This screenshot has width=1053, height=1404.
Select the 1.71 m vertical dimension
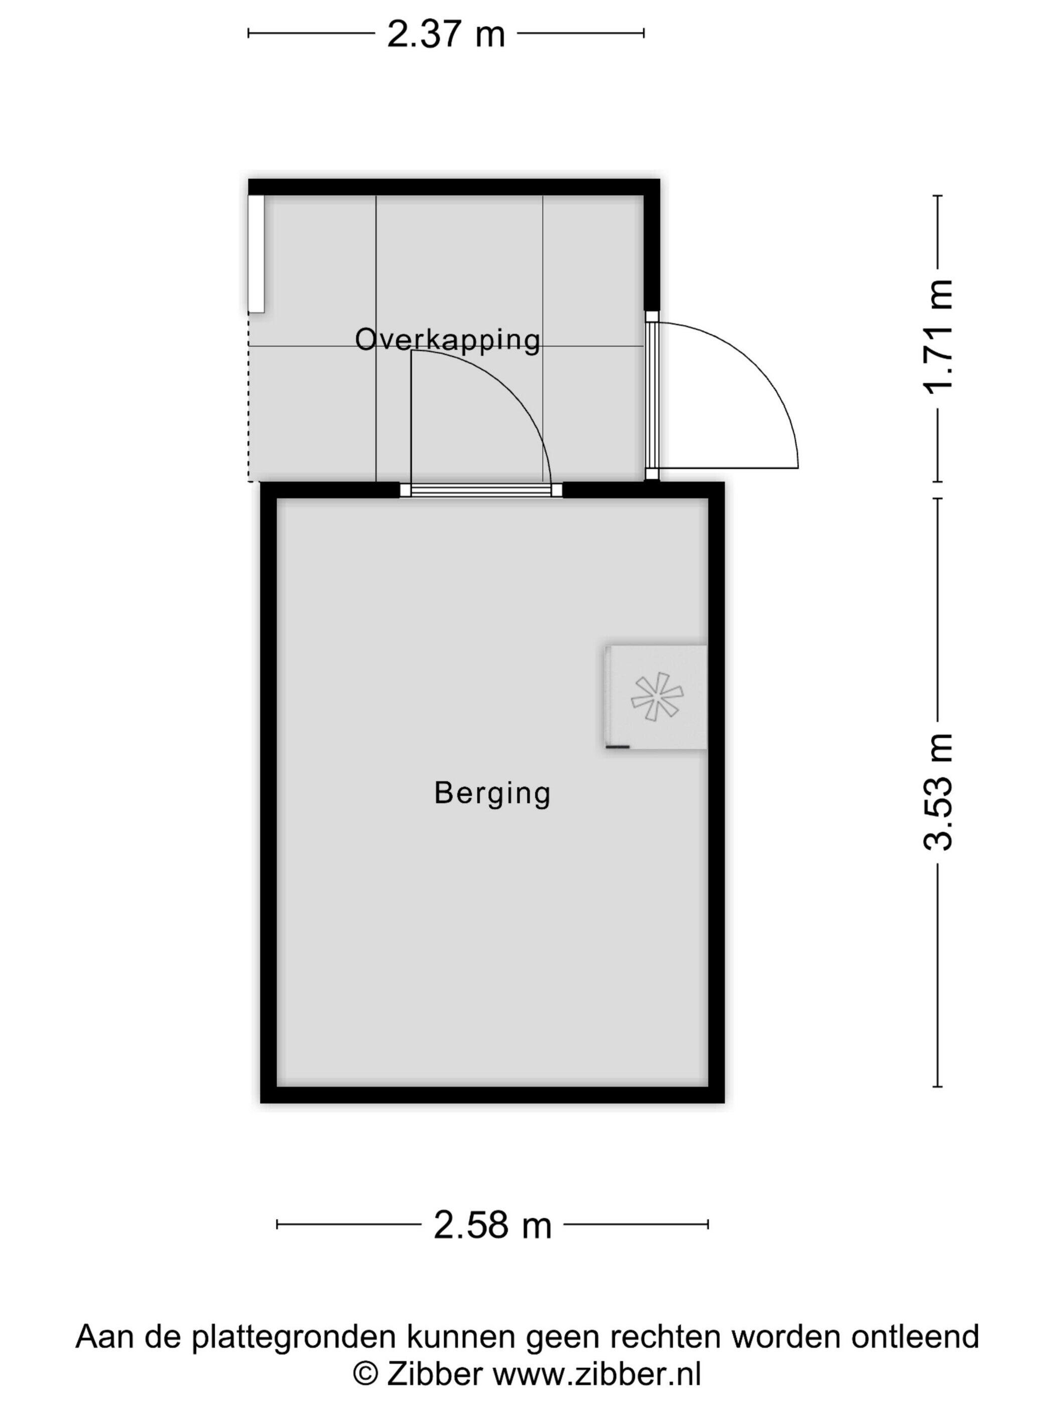coord(938,336)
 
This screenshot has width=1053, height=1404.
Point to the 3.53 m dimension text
coord(938,791)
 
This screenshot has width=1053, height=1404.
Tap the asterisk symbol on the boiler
coord(657,696)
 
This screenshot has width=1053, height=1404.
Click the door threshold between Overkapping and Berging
coord(480,489)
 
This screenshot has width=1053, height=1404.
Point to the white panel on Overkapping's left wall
coord(256,253)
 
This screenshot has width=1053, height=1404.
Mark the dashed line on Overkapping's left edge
coord(249,397)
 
